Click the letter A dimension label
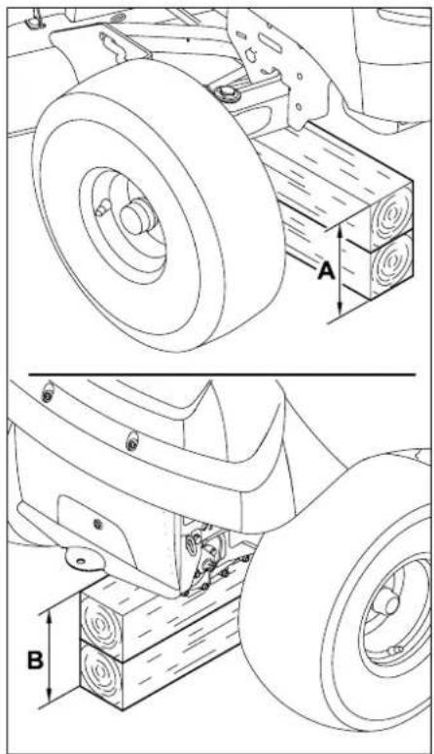tap(326, 272)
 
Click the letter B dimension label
tap(35, 660)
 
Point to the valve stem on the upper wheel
tap(101, 209)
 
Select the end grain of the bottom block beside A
tap(391, 263)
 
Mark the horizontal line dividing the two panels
tap(222, 374)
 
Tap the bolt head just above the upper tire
tap(226, 92)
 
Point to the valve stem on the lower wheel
tap(394, 650)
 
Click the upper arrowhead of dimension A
tap(340, 234)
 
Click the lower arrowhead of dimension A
tap(340, 308)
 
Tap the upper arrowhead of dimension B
tap(49, 617)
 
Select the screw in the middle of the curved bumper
tap(131, 442)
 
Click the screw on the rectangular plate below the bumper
tap(97, 523)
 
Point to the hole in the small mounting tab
tap(80, 561)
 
